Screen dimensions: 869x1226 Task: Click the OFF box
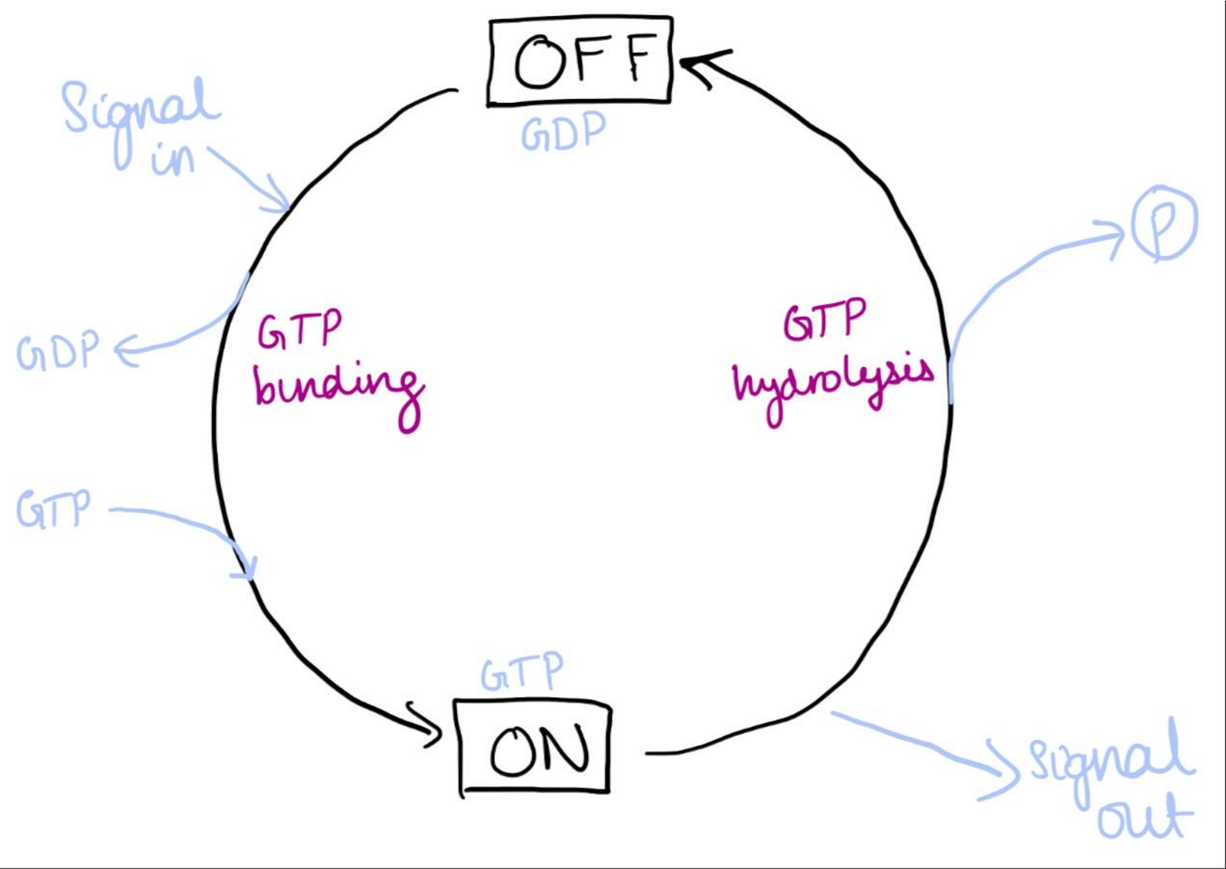coord(580,61)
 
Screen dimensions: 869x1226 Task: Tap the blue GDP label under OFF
coord(563,132)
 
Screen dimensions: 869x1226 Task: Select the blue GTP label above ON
coord(522,672)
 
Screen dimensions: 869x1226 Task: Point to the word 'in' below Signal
coord(172,159)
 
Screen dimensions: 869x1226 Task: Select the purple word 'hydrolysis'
coord(833,386)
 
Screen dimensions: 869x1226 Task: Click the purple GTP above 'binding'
coord(299,330)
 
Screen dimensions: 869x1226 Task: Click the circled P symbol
coord(1164,223)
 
